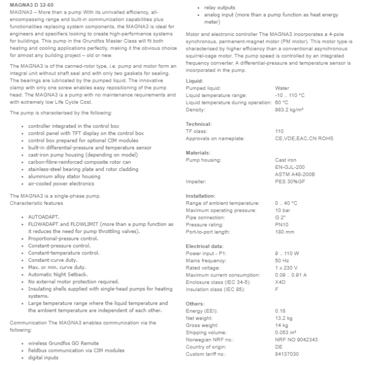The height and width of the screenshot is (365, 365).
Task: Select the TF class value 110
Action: (x=279, y=131)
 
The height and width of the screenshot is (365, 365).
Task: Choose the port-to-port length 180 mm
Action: (x=284, y=232)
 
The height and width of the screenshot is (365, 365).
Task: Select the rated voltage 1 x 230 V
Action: (x=286, y=267)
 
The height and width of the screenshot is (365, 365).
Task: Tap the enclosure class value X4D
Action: (x=281, y=282)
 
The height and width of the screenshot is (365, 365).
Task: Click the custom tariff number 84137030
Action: (x=287, y=354)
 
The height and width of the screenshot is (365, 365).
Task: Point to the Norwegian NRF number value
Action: (x=296, y=339)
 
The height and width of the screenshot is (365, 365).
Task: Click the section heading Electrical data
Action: (x=204, y=246)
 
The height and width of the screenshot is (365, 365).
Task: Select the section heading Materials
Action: (x=198, y=152)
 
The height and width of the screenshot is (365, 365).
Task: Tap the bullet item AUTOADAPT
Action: (x=44, y=216)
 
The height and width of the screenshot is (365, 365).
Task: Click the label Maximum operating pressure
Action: (x=221, y=210)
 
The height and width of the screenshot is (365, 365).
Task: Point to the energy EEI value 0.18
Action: (x=279, y=311)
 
